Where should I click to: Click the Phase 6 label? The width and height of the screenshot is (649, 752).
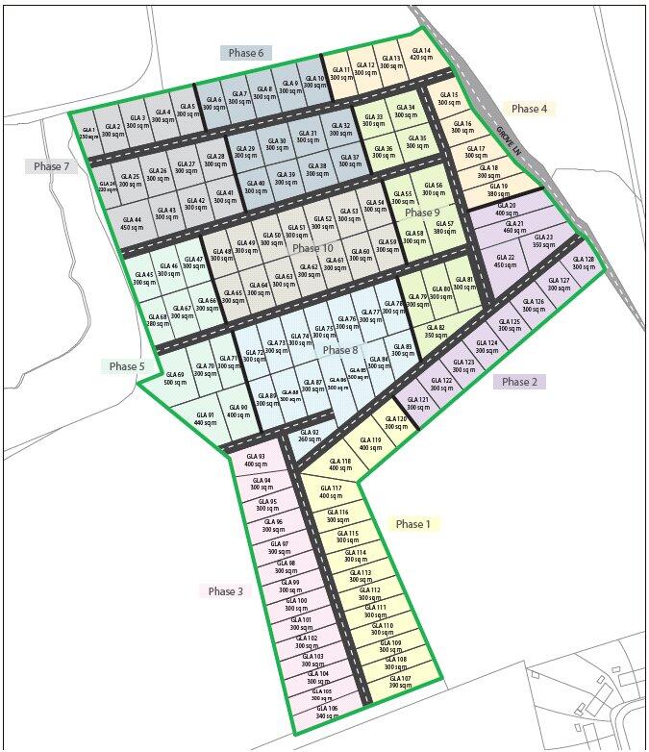[246, 53]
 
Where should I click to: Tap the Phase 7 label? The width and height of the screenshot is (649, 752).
[52, 166]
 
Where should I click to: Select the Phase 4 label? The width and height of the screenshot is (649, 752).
[529, 109]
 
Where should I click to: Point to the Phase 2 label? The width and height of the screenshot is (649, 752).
[520, 382]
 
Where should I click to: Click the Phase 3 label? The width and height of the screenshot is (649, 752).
[226, 590]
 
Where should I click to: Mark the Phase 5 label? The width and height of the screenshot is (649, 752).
[127, 366]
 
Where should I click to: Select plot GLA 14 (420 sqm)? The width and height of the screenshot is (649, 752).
[420, 54]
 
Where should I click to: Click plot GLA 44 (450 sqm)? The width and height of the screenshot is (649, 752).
[132, 223]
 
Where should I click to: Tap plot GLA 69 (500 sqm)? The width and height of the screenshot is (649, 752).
[176, 378]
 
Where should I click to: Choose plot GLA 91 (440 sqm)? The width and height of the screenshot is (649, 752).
[204, 418]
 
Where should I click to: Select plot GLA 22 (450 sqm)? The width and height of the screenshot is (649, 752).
[506, 261]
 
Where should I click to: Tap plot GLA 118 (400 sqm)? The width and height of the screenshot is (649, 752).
[339, 464]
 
